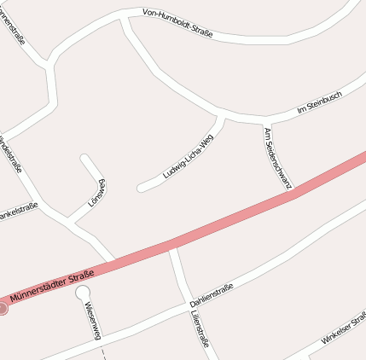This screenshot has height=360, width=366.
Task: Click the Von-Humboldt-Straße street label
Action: (x=177, y=22)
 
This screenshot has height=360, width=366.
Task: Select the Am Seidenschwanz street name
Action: (x=278, y=158)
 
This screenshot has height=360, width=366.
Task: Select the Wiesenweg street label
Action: (x=93, y=320)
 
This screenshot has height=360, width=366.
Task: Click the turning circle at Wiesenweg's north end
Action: (x=83, y=293)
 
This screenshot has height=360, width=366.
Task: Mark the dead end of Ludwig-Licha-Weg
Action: (x=142, y=187)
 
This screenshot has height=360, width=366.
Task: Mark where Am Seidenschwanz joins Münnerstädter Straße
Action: (x=292, y=192)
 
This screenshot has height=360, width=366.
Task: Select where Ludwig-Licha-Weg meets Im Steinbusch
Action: (x=222, y=114)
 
